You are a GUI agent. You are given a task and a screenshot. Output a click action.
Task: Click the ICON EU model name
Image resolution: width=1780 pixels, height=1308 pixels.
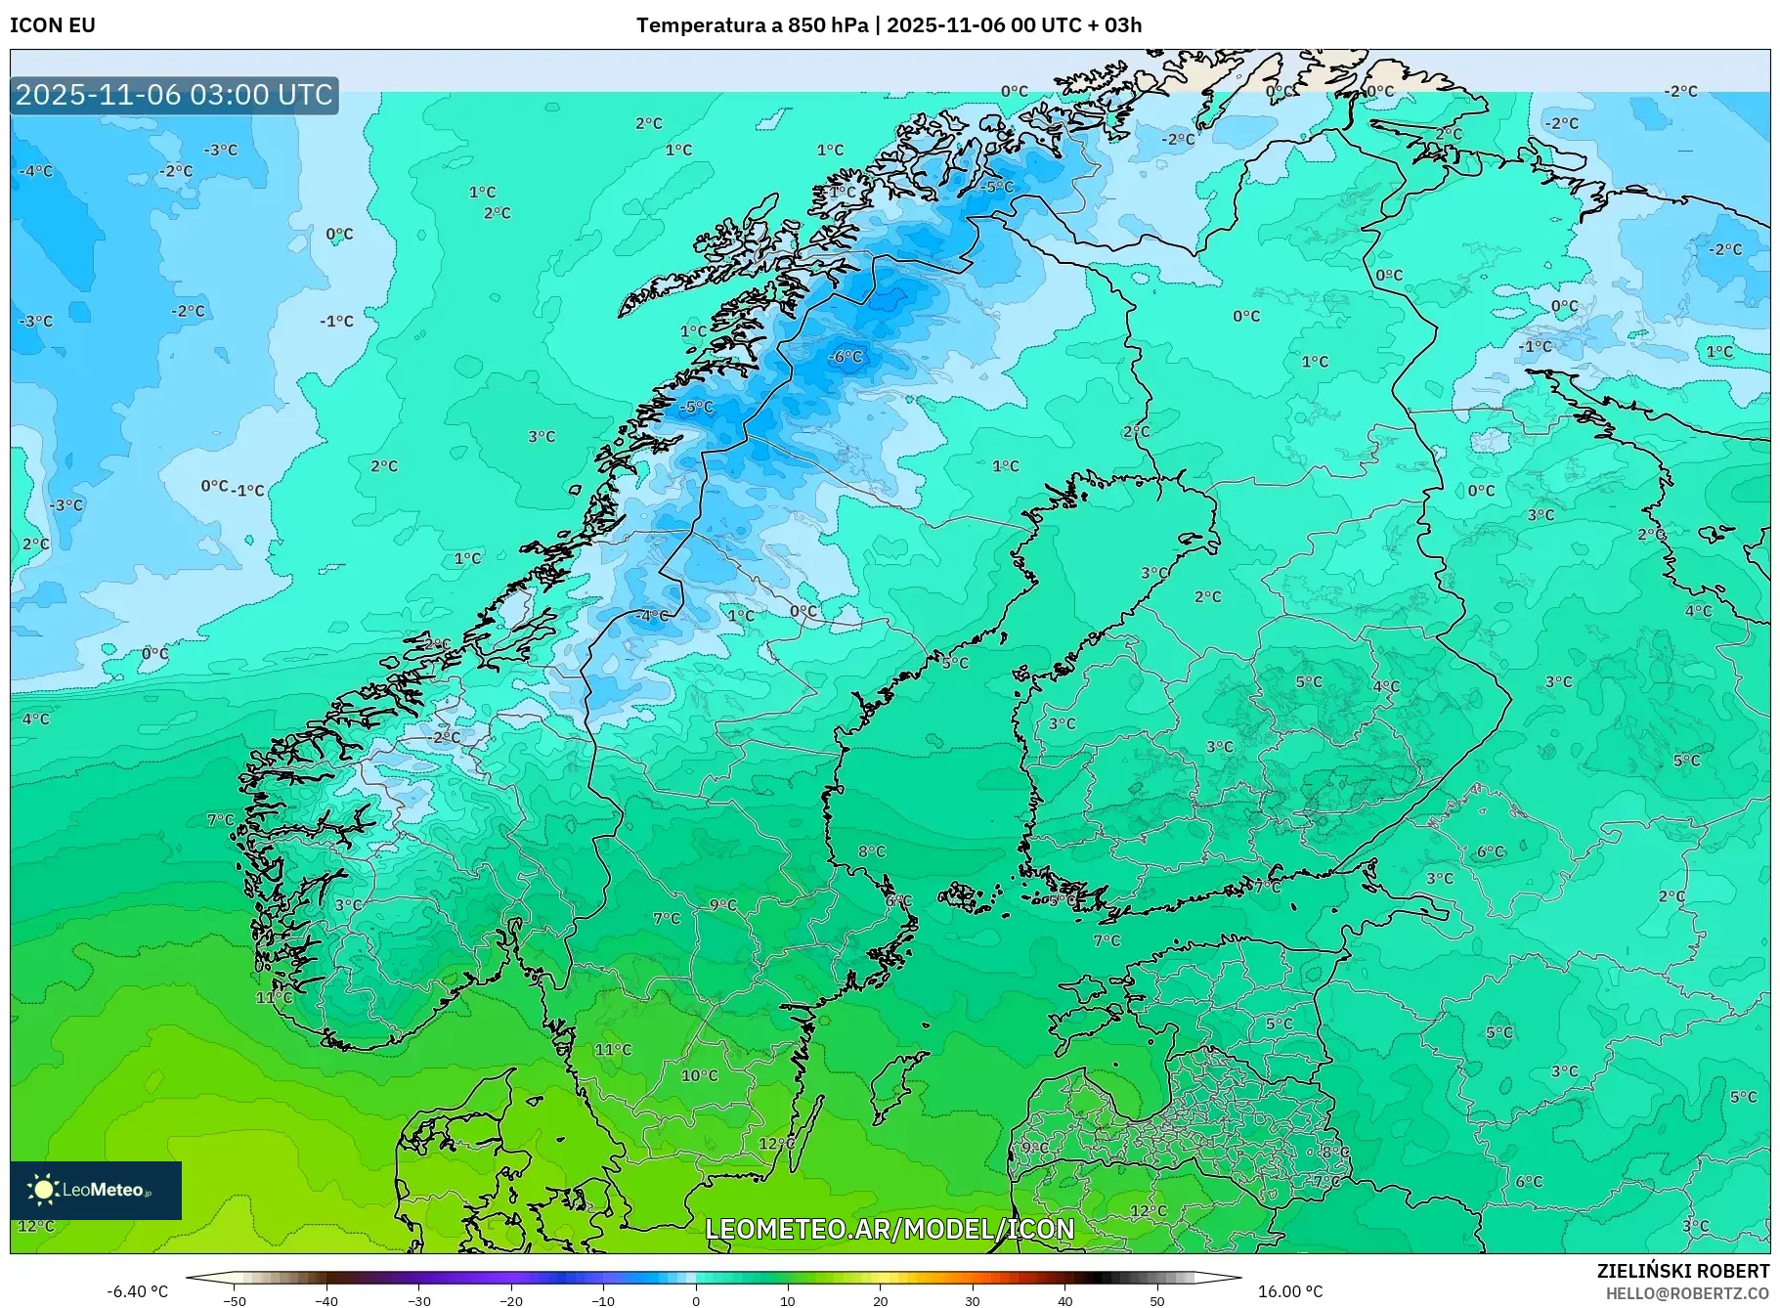(53, 25)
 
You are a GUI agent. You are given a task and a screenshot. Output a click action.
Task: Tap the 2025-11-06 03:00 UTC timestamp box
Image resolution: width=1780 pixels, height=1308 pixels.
(174, 95)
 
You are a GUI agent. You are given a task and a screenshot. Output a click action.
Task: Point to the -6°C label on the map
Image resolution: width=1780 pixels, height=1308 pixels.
(846, 357)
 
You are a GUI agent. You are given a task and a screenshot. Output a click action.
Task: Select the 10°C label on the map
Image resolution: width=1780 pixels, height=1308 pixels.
(699, 1075)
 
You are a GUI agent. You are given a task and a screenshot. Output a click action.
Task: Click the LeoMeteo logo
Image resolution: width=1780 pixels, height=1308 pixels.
(96, 1190)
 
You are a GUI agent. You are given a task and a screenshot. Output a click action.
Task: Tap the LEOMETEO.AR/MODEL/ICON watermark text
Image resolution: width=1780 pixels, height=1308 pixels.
(890, 1229)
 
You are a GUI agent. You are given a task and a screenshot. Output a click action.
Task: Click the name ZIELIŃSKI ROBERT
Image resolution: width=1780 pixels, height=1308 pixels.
(1683, 1271)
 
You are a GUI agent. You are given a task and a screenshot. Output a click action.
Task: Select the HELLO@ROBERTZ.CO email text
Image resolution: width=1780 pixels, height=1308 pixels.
(1687, 1293)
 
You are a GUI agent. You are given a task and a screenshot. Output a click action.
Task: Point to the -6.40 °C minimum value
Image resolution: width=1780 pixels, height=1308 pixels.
(137, 1291)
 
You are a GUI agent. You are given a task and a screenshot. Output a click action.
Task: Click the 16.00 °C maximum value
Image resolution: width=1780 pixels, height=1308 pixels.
(1290, 1291)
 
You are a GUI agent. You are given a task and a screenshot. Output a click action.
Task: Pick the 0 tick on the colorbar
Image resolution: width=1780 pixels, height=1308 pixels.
(696, 1300)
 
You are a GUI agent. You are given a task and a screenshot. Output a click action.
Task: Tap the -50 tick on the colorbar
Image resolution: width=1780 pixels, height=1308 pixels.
(235, 1300)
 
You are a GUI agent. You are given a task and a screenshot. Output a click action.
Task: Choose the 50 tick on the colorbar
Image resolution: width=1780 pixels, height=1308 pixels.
(1157, 1300)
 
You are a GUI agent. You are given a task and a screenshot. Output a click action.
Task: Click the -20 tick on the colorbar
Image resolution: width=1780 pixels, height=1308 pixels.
(511, 1300)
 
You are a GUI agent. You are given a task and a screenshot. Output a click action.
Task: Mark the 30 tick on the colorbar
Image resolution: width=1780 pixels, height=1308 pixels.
(973, 1300)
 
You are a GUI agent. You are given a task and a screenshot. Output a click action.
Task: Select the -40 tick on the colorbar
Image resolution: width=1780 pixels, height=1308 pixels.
(326, 1300)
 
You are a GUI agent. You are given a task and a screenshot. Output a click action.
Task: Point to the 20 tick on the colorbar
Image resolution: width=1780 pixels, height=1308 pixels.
(881, 1300)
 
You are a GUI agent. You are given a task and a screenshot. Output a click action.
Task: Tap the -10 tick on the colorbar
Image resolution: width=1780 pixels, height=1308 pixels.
(603, 1300)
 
